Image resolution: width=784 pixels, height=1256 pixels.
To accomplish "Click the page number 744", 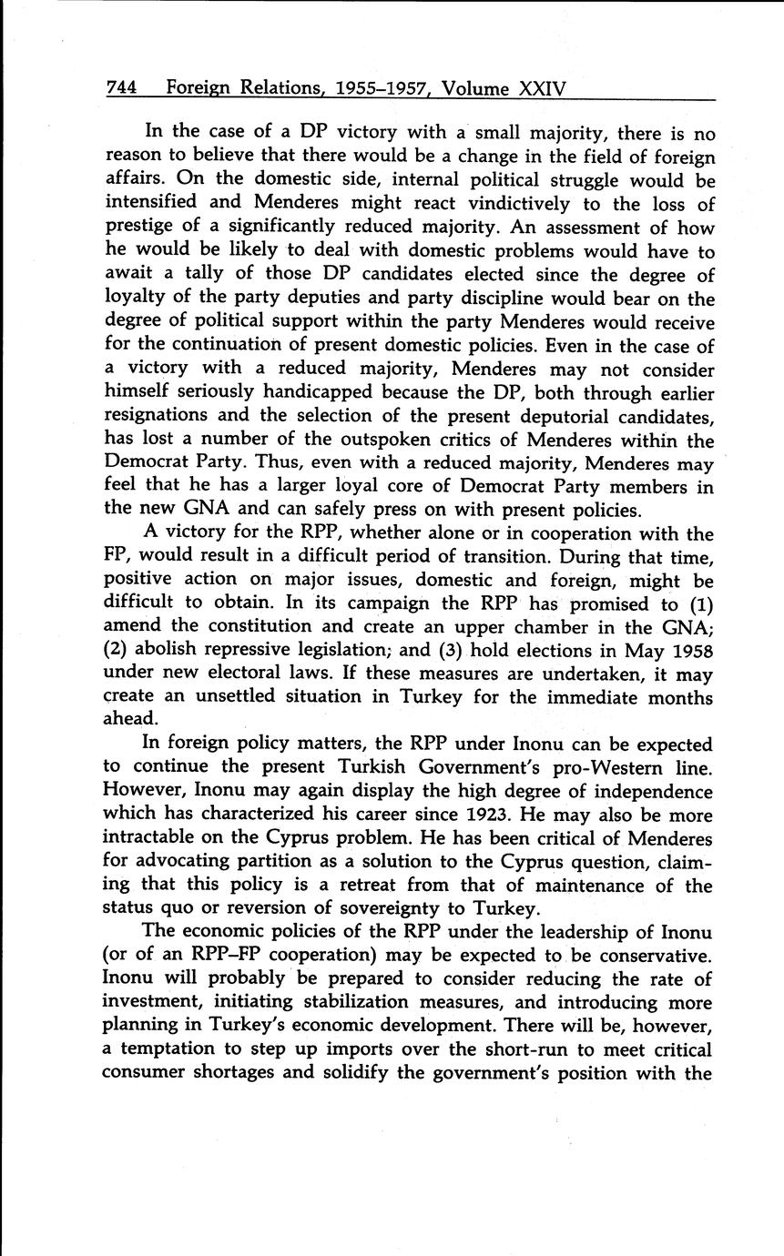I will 121,88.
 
